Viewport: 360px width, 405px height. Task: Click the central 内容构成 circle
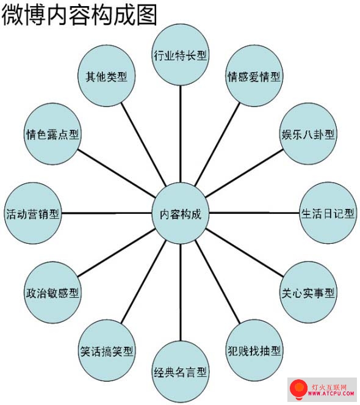coord(180,213)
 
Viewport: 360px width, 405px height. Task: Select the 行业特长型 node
coord(180,55)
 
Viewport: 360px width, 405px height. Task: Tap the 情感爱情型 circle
coord(254,76)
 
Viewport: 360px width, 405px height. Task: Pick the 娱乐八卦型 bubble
coord(308,134)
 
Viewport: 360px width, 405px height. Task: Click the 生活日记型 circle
coord(328,213)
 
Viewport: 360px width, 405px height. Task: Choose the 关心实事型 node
coord(308,293)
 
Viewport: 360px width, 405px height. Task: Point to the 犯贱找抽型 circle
coord(254,351)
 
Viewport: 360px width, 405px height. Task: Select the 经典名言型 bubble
coord(180,371)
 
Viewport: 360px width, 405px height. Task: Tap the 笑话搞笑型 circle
coord(107,351)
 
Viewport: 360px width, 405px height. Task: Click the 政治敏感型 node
coord(52,293)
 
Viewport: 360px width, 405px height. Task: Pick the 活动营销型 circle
coord(33,213)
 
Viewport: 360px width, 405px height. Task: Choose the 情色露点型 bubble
coord(52,134)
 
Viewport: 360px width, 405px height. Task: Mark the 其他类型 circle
coord(107,76)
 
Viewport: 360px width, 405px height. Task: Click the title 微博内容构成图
coord(79,15)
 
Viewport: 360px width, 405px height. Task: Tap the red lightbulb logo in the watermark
coord(298,389)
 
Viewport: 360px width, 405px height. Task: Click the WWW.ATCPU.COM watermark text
coord(331,393)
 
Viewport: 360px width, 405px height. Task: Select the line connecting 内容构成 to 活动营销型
coord(107,213)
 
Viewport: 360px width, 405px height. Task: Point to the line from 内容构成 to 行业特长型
coord(181,134)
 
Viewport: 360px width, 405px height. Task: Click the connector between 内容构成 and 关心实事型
coord(244,252)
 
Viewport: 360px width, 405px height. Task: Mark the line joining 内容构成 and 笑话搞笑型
coord(143,282)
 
